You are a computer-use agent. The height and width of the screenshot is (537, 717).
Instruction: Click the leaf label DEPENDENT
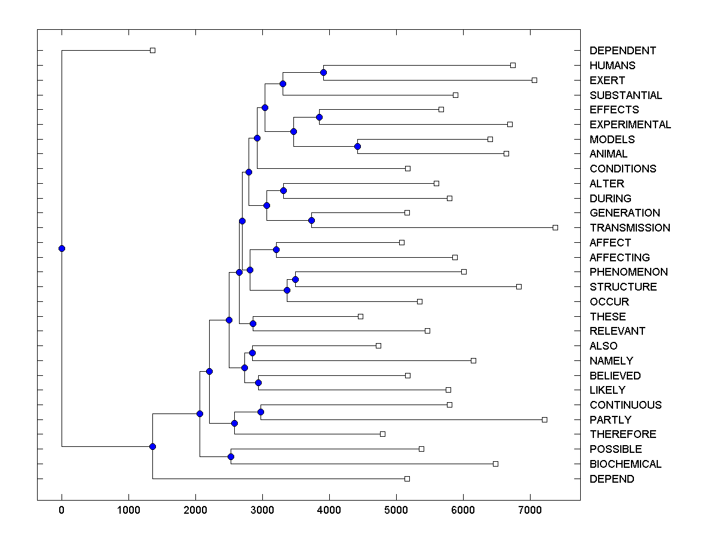point(623,51)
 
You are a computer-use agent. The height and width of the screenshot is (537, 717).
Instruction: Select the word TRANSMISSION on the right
point(630,228)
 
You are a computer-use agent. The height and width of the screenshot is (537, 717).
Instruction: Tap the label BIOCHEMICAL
point(626,464)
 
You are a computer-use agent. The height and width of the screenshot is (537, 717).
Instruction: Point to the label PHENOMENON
point(629,272)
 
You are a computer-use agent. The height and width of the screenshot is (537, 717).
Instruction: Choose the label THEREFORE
point(623,434)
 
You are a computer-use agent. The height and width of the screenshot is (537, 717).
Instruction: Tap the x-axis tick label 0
point(62,508)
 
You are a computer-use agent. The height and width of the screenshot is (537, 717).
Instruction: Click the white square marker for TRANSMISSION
point(555,227)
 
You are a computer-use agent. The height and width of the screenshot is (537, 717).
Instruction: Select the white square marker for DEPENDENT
point(152,50)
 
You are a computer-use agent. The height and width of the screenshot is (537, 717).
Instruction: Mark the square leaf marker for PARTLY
point(544,419)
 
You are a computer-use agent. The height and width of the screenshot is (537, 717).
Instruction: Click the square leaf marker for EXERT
point(534,80)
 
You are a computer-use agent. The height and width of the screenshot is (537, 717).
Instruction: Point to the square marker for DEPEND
point(407,479)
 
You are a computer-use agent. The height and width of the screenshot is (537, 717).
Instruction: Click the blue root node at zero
point(62,248)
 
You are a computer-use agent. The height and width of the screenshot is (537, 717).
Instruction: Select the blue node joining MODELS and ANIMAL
point(357,146)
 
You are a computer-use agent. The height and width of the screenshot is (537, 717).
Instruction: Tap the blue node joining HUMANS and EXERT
point(323,72)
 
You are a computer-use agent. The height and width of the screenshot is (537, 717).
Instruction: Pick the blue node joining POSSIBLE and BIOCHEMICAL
point(231,456)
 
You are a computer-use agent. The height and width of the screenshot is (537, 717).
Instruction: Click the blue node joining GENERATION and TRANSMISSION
point(311,220)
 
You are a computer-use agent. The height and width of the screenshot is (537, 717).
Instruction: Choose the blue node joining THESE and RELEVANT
point(253,323)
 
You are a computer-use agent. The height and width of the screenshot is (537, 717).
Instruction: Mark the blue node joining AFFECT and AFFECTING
point(276,249)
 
